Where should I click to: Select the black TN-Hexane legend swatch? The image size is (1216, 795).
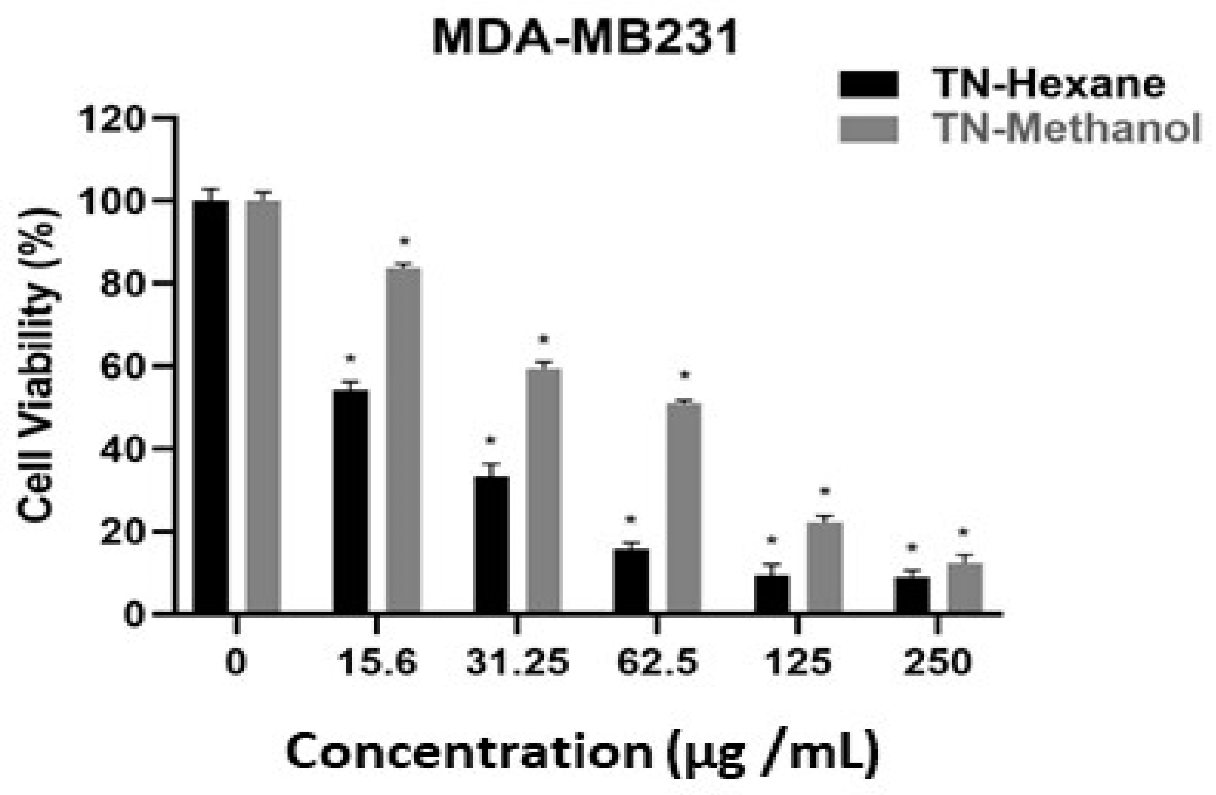pyautogui.click(x=868, y=85)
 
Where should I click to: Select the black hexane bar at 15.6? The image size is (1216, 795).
pyautogui.click(x=351, y=502)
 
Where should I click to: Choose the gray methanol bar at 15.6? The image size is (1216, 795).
pyautogui.click(x=404, y=440)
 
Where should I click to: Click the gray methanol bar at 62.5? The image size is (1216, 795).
pyautogui.click(x=685, y=507)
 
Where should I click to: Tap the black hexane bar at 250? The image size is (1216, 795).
pyautogui.click(x=912, y=595)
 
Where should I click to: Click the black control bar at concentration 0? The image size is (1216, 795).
pyautogui.click(x=210, y=407)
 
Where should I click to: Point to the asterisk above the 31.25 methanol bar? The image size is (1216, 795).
pyautogui.click(x=544, y=340)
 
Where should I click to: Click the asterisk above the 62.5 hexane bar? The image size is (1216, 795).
pyautogui.click(x=631, y=520)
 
